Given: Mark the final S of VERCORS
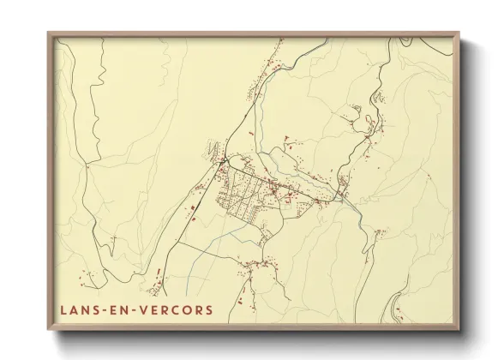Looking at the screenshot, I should point(209,309).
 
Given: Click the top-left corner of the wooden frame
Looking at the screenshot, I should point(48,33).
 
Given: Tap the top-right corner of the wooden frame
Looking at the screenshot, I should point(459,33).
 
